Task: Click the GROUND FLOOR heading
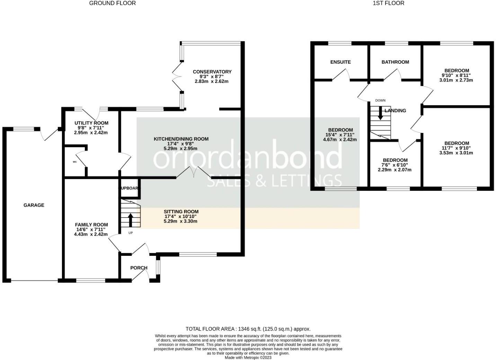(112, 3)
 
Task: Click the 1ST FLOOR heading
(388, 3)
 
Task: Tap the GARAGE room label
(34, 205)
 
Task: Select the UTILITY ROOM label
(91, 123)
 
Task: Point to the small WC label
(74, 162)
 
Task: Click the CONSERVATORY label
(212, 72)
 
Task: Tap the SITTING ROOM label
(181, 211)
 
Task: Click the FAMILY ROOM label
(91, 225)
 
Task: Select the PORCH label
(139, 268)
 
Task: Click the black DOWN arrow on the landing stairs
(380, 113)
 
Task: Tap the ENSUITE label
(340, 62)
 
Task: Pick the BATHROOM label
(395, 62)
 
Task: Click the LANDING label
(396, 111)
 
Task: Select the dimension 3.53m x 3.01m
(457, 153)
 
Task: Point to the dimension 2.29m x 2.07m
(395, 170)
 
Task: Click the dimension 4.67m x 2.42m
(340, 139)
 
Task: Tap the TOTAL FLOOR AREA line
(248, 329)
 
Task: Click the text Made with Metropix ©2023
(248, 358)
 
